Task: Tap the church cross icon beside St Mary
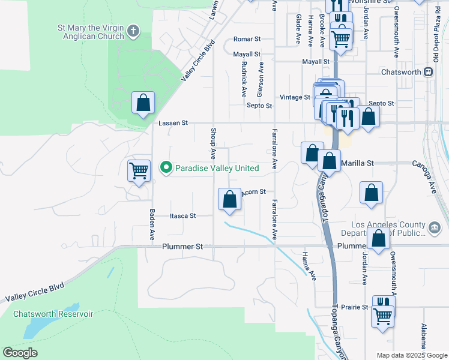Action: [133, 30]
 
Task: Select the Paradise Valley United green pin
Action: [166, 168]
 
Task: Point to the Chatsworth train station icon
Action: [428, 71]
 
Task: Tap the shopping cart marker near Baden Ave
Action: [139, 171]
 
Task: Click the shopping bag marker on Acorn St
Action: [229, 199]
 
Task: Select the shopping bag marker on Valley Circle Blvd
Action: [143, 103]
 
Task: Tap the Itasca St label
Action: [183, 215]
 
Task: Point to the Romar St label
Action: [247, 39]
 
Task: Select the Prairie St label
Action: [354, 307]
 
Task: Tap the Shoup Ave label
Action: [213, 139]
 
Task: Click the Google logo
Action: [20, 353]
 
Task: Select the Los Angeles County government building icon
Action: [434, 227]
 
